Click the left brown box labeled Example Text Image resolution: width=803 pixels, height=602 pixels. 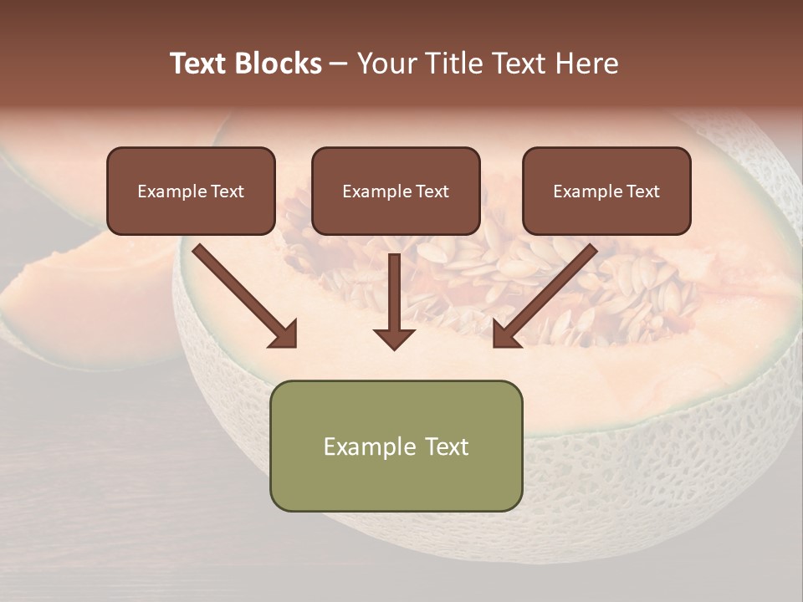pyautogui.click(x=191, y=191)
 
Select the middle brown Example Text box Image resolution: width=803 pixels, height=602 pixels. pyautogui.click(x=396, y=191)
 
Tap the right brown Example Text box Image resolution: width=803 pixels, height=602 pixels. pyautogui.click(x=606, y=191)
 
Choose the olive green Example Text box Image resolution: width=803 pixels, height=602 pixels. pyautogui.click(x=396, y=446)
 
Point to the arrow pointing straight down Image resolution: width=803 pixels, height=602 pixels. pyautogui.click(x=394, y=301)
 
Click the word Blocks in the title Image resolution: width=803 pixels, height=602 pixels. pyautogui.click(x=279, y=64)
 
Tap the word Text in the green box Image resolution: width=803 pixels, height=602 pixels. pyautogui.click(x=448, y=446)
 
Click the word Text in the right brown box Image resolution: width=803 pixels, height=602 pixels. pyautogui.click(x=642, y=191)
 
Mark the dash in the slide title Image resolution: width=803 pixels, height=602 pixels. pyautogui.click(x=339, y=64)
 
